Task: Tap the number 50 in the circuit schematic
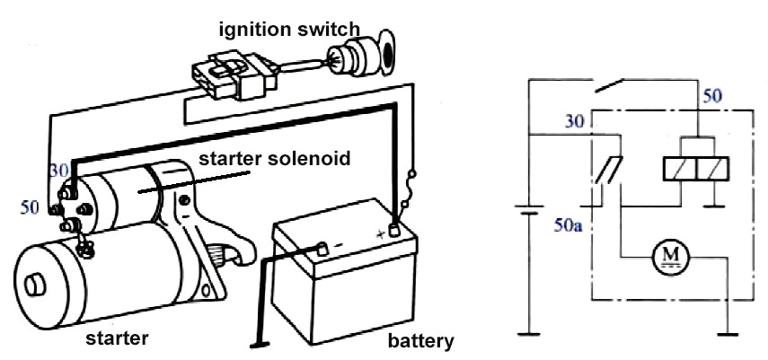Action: (x=712, y=94)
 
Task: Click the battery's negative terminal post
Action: (x=321, y=248)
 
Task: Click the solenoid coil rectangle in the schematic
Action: (x=694, y=168)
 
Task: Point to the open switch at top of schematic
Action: (x=619, y=86)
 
